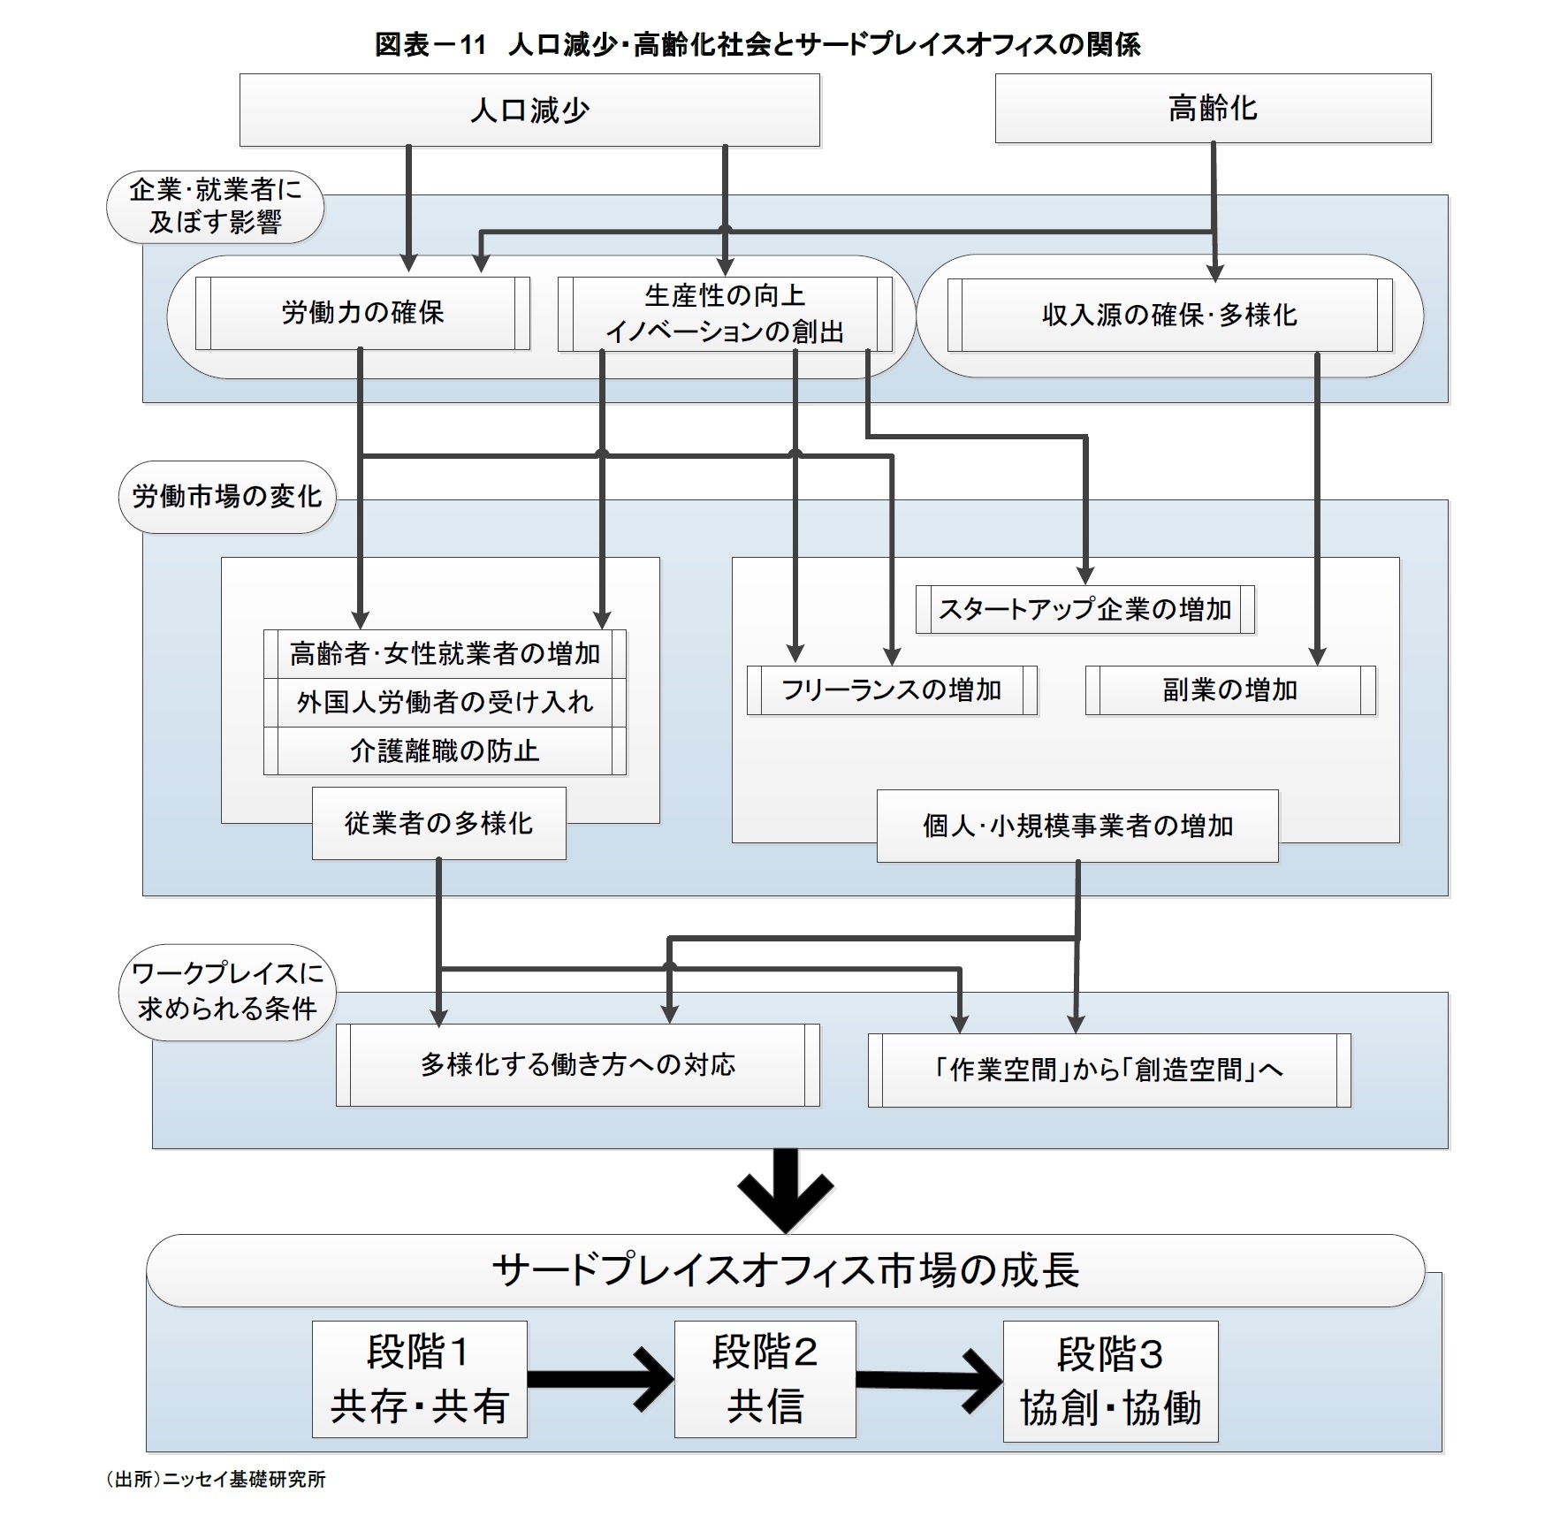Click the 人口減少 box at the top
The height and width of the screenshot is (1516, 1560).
529,110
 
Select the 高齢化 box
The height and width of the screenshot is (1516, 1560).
1212,109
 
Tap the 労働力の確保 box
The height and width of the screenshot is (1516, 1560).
362,313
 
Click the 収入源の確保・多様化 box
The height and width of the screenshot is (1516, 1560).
1168,316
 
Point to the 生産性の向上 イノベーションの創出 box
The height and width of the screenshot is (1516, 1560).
724,314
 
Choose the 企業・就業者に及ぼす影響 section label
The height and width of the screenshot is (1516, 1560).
215,206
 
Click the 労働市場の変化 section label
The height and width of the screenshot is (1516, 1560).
226,497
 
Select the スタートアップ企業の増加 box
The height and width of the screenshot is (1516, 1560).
1084,609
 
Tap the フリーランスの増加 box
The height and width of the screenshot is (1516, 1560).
891,689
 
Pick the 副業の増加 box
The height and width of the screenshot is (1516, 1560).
1229,689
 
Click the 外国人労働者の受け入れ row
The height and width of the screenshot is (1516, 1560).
445,703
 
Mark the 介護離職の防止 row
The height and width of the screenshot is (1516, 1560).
445,751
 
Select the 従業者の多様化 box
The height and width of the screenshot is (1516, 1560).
438,824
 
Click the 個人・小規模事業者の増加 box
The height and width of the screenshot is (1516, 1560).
1077,827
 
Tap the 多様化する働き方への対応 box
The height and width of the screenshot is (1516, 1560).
577,1065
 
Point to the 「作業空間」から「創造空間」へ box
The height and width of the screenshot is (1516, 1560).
1108,1070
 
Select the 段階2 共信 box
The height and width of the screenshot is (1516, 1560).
765,1380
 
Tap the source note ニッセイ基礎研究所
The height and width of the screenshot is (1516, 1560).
216,1479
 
